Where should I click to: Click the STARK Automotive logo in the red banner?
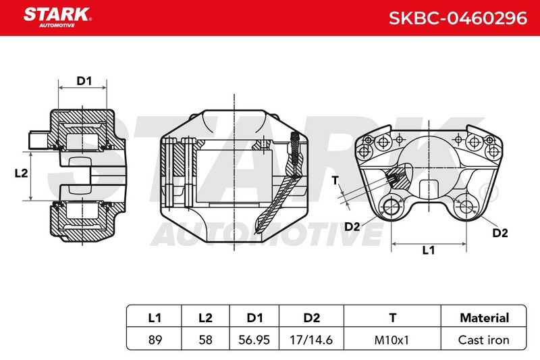click(x=57, y=18)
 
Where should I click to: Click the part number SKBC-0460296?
click(x=458, y=18)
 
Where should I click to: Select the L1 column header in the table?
click(x=155, y=317)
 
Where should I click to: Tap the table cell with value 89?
click(x=155, y=340)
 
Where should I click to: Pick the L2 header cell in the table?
click(x=206, y=317)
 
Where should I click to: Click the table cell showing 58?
click(x=206, y=340)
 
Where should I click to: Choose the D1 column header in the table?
click(x=254, y=317)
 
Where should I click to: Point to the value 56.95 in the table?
click(x=254, y=340)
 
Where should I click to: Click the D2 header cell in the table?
click(x=312, y=317)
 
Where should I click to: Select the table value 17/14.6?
click(x=311, y=340)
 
